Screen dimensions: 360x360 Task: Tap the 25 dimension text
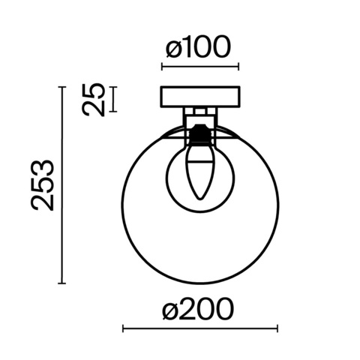pos(94,99)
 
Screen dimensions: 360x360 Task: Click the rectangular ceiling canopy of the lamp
pos(200,97)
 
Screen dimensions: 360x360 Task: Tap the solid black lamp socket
pos(199,135)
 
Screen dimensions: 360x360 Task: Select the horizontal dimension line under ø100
pos(200,69)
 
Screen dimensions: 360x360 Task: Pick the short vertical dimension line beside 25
pos(113,99)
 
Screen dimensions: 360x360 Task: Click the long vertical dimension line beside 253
pos(62,185)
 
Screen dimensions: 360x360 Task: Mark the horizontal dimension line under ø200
pos(199,328)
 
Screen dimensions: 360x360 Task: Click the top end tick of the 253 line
pos(62,88)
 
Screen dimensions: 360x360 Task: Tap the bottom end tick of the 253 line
pos(62,283)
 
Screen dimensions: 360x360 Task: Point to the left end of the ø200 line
pos(122,328)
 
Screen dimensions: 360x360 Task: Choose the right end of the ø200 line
pos(277,328)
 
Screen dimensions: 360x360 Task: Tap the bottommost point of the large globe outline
pos(199,283)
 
